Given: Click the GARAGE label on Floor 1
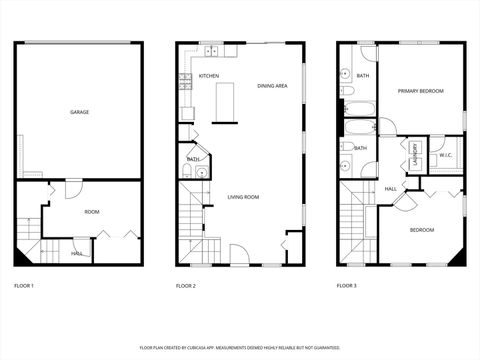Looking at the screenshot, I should (x=79, y=112).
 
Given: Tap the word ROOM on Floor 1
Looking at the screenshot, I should (x=91, y=212).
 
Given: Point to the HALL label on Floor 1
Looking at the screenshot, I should (x=77, y=253).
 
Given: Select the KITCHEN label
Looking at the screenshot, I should (x=208, y=76).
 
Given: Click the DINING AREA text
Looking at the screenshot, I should (x=272, y=86).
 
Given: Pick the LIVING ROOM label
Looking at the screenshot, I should (x=243, y=197).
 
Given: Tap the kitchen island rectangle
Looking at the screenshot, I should (x=224, y=100).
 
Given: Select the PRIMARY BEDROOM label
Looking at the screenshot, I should (x=420, y=91).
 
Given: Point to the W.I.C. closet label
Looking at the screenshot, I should (x=445, y=155).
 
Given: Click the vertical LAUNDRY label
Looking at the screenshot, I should (x=414, y=155).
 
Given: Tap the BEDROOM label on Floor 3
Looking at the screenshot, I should (x=421, y=230).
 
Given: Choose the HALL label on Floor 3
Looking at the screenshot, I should (x=391, y=188).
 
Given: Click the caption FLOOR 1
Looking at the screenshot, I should (x=24, y=286).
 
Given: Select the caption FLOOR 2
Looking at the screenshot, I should (x=186, y=286).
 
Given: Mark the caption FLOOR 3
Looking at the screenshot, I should (x=346, y=286).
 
